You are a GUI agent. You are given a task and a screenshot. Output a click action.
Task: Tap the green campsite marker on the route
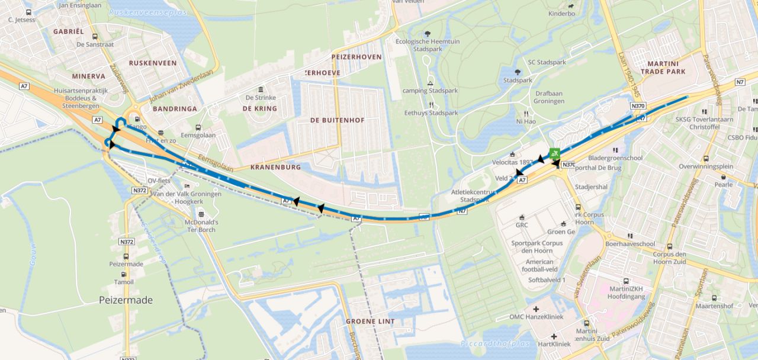[555, 153]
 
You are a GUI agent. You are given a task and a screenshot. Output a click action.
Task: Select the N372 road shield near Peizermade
[126, 242]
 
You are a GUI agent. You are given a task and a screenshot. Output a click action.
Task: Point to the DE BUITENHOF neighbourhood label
[337, 120]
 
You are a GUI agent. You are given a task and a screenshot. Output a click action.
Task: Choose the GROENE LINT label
[370, 322]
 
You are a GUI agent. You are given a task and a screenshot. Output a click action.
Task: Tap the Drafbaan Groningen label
[550, 97]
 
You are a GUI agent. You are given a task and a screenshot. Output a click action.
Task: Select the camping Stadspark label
[431, 91]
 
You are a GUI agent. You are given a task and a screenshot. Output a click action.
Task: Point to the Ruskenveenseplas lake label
[147, 12]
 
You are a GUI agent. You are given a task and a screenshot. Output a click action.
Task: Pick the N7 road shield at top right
[740, 82]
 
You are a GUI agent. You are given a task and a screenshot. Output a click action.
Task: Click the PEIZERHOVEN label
[356, 56]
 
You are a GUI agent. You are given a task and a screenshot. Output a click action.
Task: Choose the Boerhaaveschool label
[630, 243]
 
